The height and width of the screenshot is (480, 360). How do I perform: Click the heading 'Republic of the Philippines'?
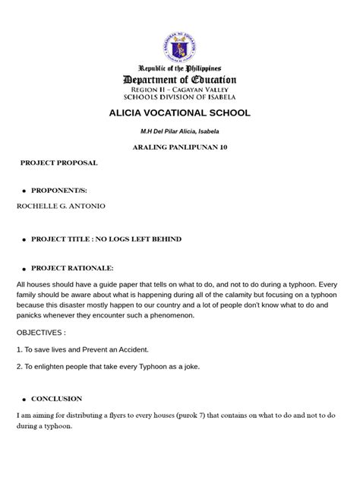point(180,68)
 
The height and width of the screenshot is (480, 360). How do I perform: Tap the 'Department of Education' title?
point(180,80)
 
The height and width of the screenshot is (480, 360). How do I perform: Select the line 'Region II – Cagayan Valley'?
point(180,89)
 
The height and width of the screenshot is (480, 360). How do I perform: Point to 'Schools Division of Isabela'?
point(180,97)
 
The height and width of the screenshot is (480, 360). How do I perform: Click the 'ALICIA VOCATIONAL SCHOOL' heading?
point(180,113)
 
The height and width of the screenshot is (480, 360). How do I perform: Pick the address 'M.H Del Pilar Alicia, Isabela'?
point(180,131)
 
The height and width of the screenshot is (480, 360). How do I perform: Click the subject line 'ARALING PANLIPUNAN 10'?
point(180,147)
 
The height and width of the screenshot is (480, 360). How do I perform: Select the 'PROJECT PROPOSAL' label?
point(58,163)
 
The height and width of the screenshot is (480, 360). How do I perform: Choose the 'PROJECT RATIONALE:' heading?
point(71,268)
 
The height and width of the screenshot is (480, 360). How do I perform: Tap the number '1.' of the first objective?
point(19,349)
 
